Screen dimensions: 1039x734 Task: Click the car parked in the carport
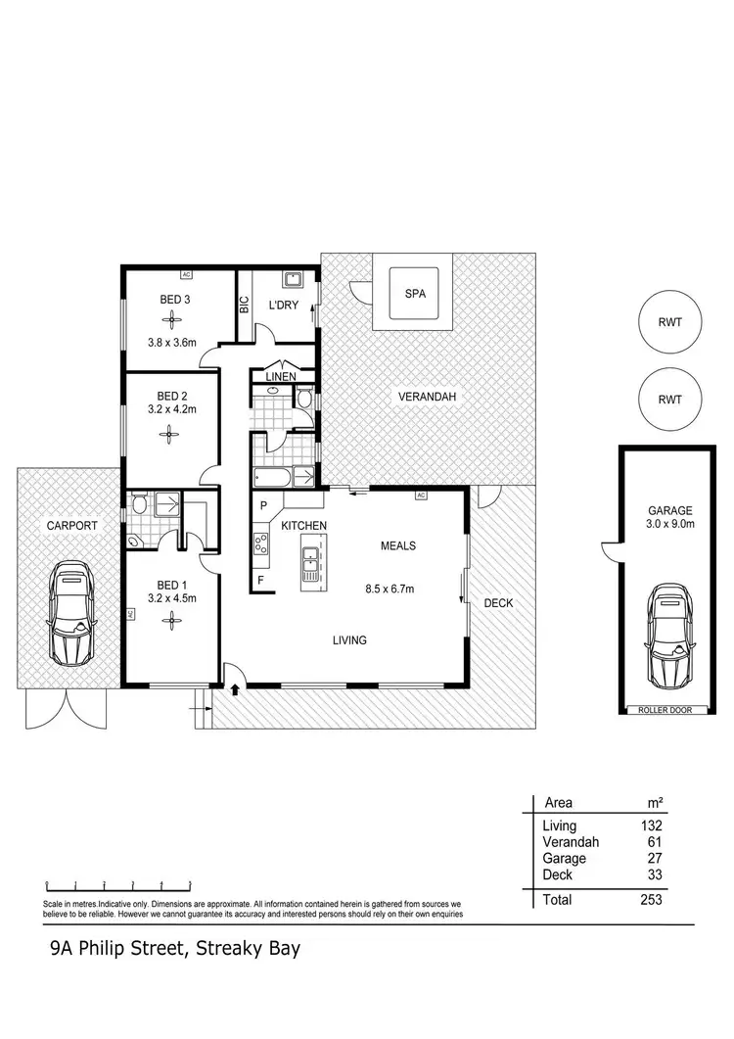70,613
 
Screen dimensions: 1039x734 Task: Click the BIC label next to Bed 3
245,305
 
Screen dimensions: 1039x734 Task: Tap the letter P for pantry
263,506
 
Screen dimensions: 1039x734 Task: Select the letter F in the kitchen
262,580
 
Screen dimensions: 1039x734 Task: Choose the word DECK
498,603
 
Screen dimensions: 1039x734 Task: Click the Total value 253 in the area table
650,899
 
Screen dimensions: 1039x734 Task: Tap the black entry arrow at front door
235,688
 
